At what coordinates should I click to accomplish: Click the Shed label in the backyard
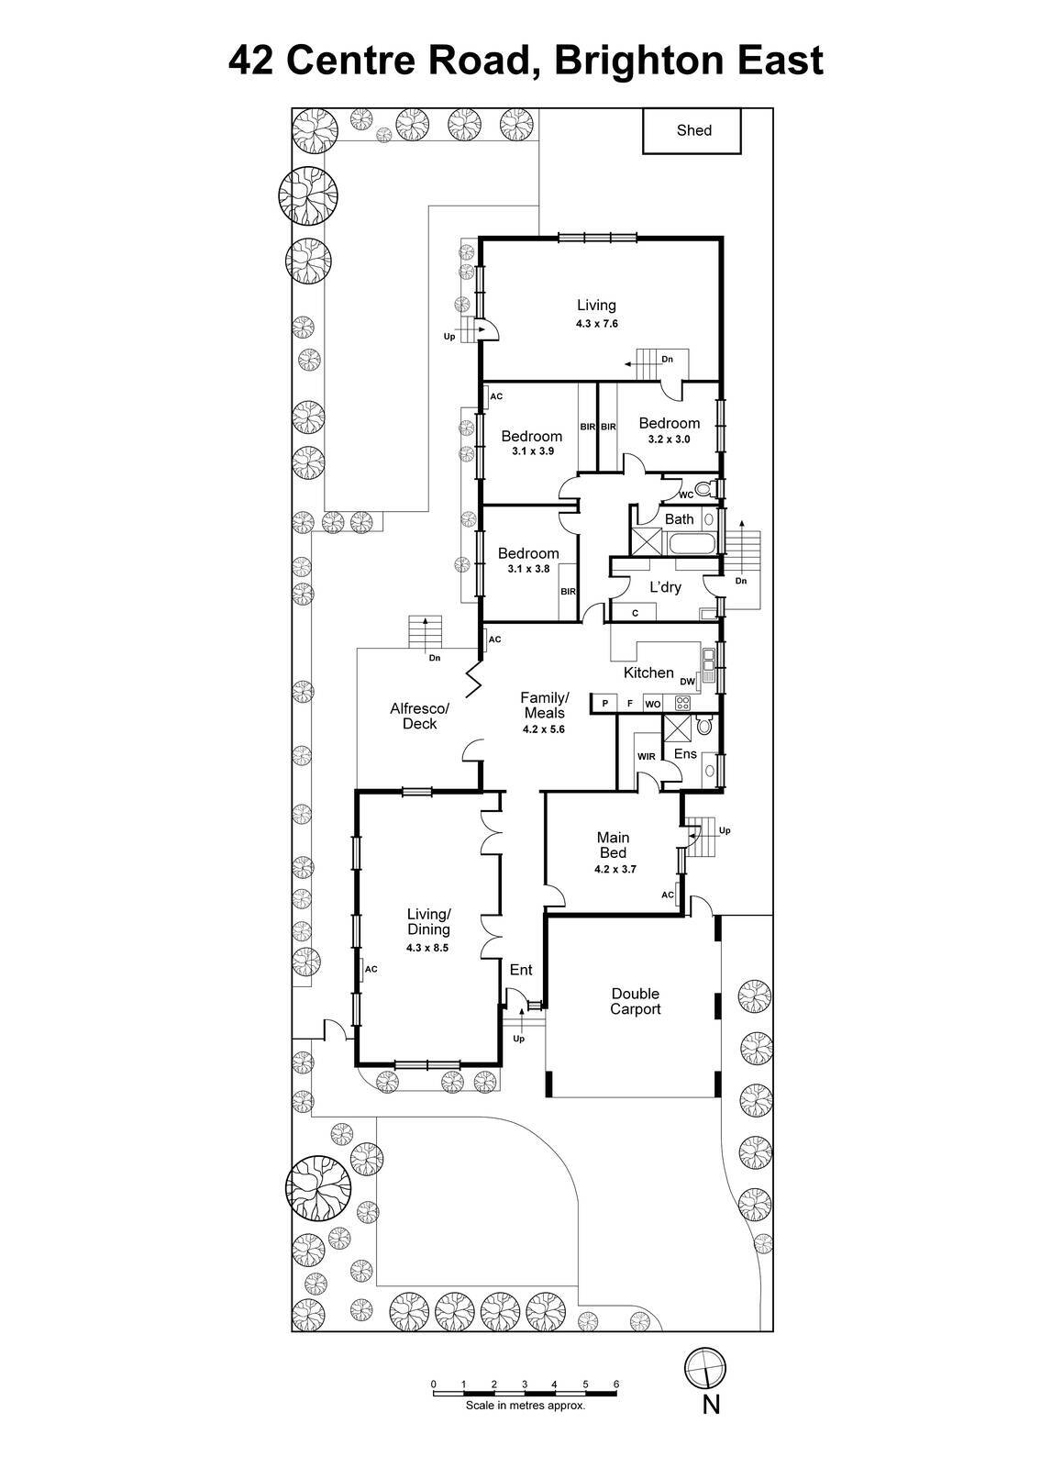tap(693, 130)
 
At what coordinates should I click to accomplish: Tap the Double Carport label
tap(636, 1001)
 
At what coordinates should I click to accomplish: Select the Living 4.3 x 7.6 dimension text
tap(596, 323)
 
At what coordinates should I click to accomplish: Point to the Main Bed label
tap(613, 845)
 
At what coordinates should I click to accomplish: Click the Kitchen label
tap(648, 673)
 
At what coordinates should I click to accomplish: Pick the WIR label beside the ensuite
tap(646, 757)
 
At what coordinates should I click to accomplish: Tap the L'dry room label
tap(665, 587)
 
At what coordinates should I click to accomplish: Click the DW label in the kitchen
tap(687, 681)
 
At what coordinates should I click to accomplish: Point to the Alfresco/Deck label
tap(419, 716)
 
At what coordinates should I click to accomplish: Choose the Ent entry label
tap(520, 970)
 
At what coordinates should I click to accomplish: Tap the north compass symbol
tap(705, 1370)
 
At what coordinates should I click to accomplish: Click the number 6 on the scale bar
tap(616, 1385)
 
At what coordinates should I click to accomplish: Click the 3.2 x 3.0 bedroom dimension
tap(669, 439)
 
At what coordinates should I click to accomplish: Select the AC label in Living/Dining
tap(371, 969)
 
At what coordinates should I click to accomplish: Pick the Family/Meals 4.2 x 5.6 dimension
tap(544, 729)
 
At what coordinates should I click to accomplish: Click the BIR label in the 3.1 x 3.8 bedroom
tap(568, 592)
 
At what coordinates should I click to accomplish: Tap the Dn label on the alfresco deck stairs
tap(435, 657)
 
